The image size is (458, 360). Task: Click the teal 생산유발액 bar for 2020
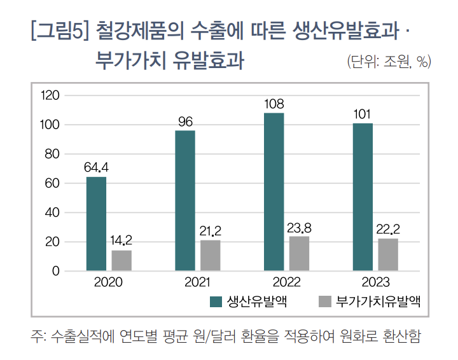pos(96,224)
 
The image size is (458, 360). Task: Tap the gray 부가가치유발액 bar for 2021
pos(211,256)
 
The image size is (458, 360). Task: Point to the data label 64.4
pos(97,168)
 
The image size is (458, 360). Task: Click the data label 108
pos(274,104)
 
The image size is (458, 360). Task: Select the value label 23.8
pos(300,227)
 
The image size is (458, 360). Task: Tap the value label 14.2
pos(121,241)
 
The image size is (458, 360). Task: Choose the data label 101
pos(363,114)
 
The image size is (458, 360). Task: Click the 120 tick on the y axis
pos(50,95)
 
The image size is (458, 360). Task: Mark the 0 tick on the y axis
pos(55,272)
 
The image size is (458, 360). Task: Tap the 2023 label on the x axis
pos(375,282)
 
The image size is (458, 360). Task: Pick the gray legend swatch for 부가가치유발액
pos(324,301)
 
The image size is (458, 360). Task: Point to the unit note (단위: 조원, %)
pos(389,62)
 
